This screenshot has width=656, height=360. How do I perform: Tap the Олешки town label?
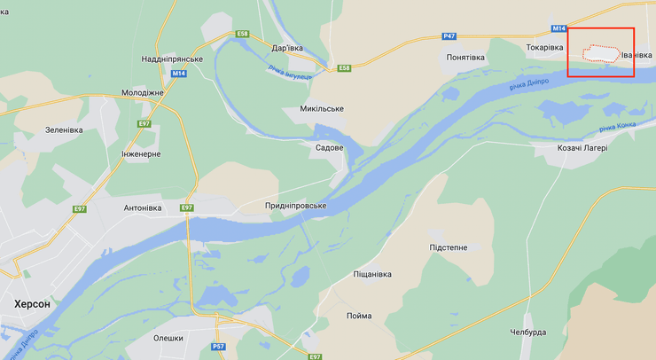pyautogui.click(x=168, y=338)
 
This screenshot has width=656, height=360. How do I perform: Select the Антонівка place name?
pyautogui.click(x=142, y=208)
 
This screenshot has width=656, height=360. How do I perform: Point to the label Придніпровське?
pyautogui.click(x=295, y=206)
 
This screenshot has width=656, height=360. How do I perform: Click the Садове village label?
pyautogui.click(x=329, y=147)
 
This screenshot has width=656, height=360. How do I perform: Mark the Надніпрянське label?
pyautogui.click(x=172, y=59)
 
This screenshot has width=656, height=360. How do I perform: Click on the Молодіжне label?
pyautogui.click(x=142, y=92)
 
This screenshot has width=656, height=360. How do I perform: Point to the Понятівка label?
pyautogui.click(x=465, y=58)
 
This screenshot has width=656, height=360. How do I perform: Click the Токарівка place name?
pyautogui.click(x=544, y=47)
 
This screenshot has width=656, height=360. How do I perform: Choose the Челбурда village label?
pyautogui.click(x=527, y=333)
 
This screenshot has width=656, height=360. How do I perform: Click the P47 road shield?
pyautogui.click(x=449, y=37)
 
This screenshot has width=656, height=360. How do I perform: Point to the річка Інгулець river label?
pyautogui.click(x=290, y=74)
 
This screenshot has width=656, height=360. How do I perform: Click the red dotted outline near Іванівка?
pyautogui.click(x=598, y=53)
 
